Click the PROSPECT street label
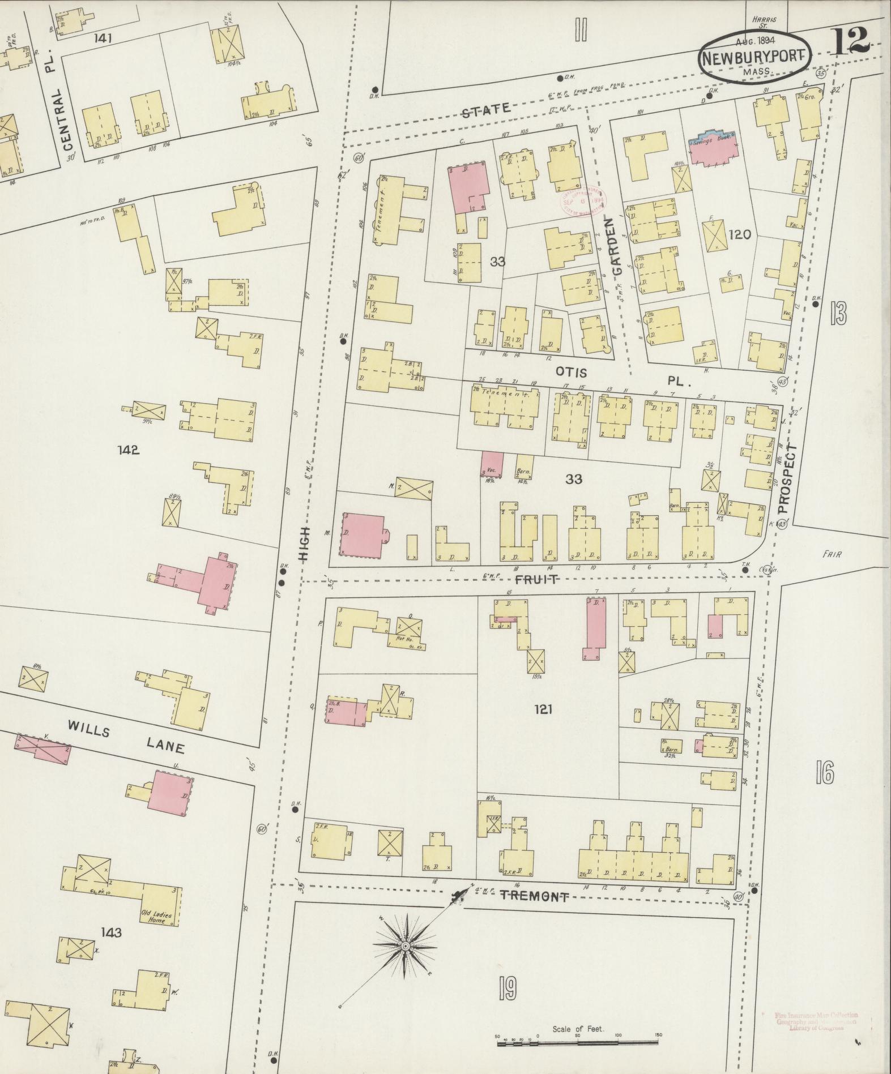[x=789, y=478]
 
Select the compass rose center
[x=406, y=947]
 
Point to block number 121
[x=543, y=708]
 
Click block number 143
[x=110, y=932]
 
